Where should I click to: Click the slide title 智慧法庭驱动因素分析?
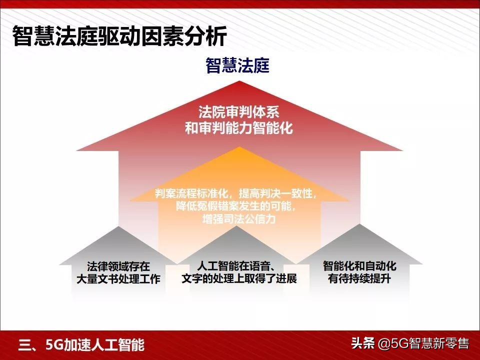tap(120, 36)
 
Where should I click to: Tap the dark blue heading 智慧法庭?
tap(237, 65)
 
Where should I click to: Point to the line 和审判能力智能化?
tap(239, 128)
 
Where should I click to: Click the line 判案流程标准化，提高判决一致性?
tap(235, 193)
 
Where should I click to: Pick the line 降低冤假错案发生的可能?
tap(235, 206)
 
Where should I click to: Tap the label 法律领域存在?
tap(118, 266)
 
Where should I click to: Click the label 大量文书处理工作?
tap(118, 279)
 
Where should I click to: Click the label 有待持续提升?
tap(359, 279)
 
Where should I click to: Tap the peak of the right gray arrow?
tap(360, 224)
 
